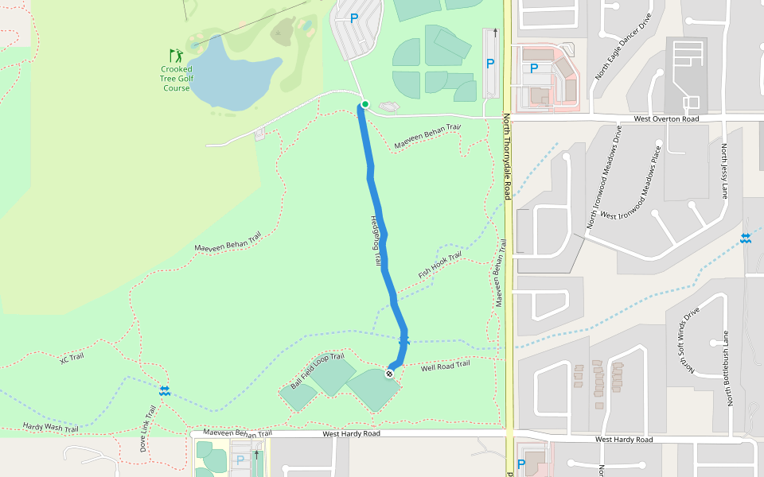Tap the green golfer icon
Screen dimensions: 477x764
coord(176,56)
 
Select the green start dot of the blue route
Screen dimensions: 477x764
coord(364,104)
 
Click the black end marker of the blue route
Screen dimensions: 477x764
coord(390,374)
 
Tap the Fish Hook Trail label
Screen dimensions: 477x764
coord(440,265)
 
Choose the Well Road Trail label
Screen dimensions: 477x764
coord(446,366)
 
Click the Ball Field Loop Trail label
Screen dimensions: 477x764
coord(318,370)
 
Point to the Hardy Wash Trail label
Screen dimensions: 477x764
coord(50,429)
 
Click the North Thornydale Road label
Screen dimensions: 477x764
coord(506,155)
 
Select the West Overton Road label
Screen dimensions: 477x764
coord(666,119)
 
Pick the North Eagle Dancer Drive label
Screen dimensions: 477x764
coord(623,46)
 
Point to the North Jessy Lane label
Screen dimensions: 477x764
coord(725,170)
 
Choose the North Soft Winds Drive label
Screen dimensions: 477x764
coord(690,341)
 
